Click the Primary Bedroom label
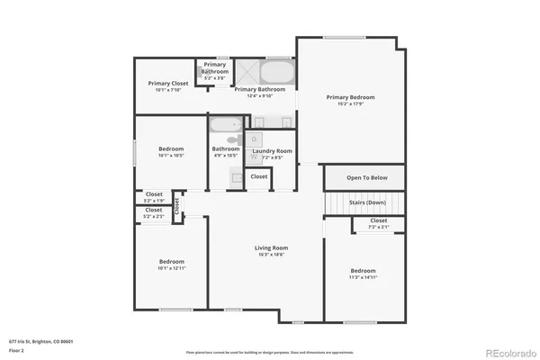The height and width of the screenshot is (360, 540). (x=350, y=97)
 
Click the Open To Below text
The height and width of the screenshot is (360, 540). (x=367, y=177)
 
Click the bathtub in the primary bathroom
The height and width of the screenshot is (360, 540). (x=277, y=71)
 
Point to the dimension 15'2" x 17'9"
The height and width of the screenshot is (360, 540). (x=350, y=104)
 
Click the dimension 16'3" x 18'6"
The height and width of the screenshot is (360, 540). (x=270, y=255)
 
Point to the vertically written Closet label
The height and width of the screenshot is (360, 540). (x=177, y=206)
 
